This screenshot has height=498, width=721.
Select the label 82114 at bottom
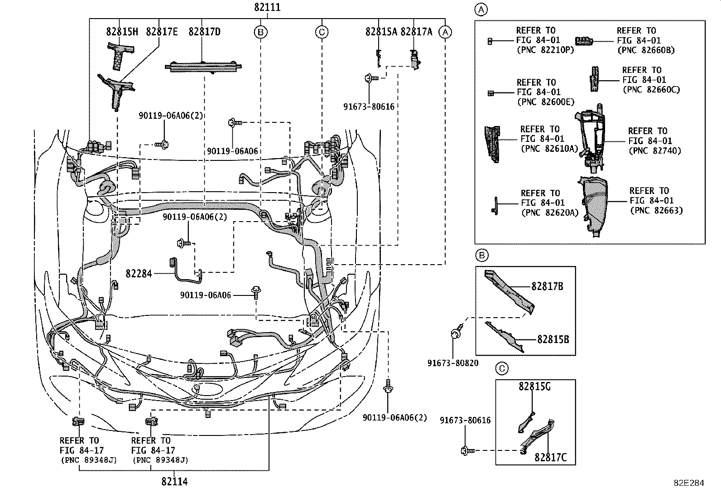pyautogui.click(x=174, y=481)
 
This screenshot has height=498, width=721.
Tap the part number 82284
pyautogui.click(x=139, y=273)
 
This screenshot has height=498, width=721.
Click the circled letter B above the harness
pyautogui.click(x=260, y=32)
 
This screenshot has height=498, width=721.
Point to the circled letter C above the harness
pyautogui.click(x=322, y=32)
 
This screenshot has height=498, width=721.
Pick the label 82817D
pyautogui.click(x=204, y=32)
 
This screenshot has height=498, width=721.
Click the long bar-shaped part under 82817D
pyautogui.click(x=202, y=67)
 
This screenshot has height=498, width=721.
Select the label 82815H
pyautogui.click(x=122, y=32)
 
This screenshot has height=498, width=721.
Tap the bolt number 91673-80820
pyautogui.click(x=453, y=363)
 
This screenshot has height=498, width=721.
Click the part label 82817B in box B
pyautogui.click(x=547, y=286)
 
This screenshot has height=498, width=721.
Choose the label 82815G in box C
pyautogui.click(x=534, y=387)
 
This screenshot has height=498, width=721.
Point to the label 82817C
pyautogui.click(x=550, y=457)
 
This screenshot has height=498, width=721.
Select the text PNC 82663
pyautogui.click(x=656, y=210)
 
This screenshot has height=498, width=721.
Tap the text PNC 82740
pyautogui.click(x=654, y=151)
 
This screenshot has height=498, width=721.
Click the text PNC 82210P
pyautogui.click(x=545, y=50)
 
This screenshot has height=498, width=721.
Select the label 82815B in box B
pyautogui.click(x=553, y=339)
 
